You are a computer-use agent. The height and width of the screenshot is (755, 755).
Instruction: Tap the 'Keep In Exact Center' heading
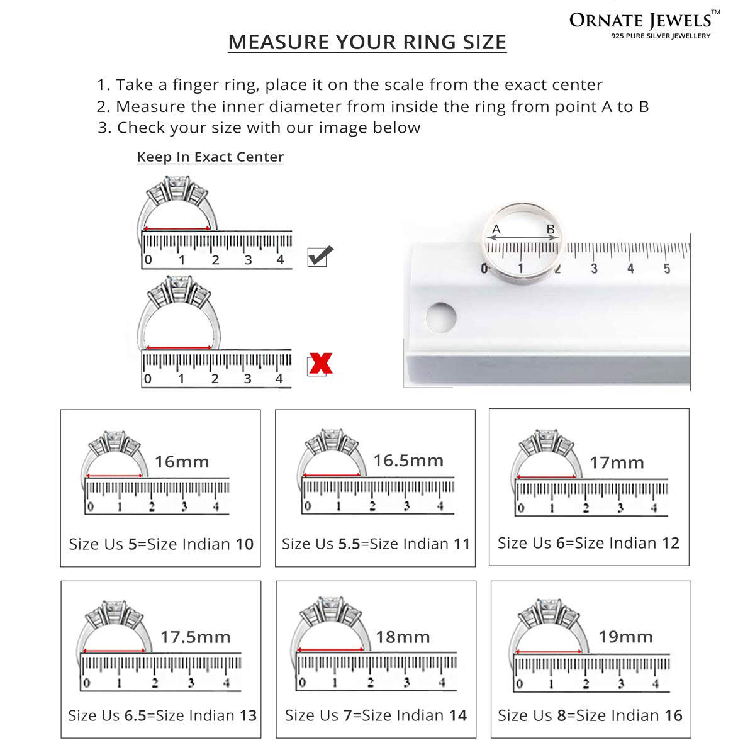click(x=210, y=157)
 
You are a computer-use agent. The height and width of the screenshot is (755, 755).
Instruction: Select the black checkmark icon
click(x=320, y=255)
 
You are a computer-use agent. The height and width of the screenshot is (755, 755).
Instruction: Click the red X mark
click(x=320, y=363)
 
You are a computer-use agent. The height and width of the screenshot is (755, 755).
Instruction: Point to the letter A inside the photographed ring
click(x=496, y=229)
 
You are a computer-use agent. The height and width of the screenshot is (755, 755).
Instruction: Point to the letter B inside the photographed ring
click(x=551, y=229)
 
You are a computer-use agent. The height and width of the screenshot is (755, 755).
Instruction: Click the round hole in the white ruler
click(x=441, y=317)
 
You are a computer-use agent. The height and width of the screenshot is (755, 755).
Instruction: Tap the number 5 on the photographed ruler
click(x=667, y=269)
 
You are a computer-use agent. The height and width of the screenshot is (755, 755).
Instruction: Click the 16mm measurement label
click(x=182, y=462)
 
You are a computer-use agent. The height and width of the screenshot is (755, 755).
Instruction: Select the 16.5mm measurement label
click(x=408, y=461)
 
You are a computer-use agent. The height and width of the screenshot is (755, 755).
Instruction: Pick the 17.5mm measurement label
click(x=195, y=637)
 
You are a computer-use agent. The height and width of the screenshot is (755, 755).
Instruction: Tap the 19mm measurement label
click(x=625, y=637)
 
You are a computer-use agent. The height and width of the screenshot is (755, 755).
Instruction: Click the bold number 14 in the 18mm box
click(x=457, y=715)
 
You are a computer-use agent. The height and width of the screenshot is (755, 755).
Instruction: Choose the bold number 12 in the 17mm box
click(x=670, y=543)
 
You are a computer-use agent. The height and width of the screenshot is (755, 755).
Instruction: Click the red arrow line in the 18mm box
click(x=331, y=649)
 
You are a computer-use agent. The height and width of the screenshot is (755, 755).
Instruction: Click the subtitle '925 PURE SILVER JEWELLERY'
click(x=661, y=36)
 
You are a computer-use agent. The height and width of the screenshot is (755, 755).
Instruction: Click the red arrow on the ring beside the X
click(x=179, y=347)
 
